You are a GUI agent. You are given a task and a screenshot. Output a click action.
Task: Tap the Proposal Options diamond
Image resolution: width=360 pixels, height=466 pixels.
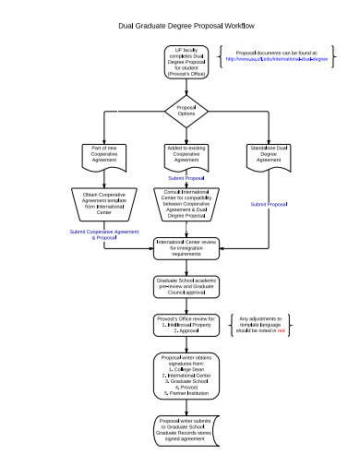pos(186,112)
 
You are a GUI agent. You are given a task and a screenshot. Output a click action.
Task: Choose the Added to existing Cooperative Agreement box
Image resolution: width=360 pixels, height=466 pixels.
pos(186,155)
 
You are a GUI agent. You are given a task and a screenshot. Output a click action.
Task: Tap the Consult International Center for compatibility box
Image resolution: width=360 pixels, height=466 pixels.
pos(186,204)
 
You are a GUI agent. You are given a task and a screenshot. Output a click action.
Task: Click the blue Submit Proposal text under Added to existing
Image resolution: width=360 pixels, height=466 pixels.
pos(186,179)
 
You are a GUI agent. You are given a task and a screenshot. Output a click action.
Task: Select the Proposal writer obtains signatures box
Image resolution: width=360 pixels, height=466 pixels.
pos(186,374)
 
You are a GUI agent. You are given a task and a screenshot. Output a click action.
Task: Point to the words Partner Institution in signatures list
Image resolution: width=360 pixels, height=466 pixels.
pos(186,394)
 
